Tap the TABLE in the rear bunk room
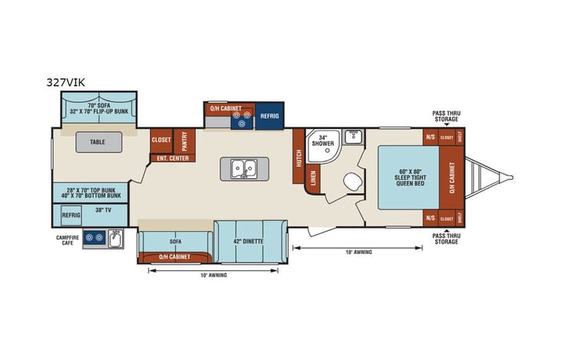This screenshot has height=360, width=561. [97, 142]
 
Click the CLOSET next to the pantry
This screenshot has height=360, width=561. [161, 140]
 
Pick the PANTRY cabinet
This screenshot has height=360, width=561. [183, 140]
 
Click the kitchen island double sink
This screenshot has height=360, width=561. [244, 168]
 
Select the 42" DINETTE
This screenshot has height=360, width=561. [249, 241]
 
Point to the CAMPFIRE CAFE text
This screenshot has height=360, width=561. [68, 239]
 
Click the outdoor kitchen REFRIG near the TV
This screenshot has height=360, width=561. [71, 216]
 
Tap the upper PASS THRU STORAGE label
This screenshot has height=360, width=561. [445, 116]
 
